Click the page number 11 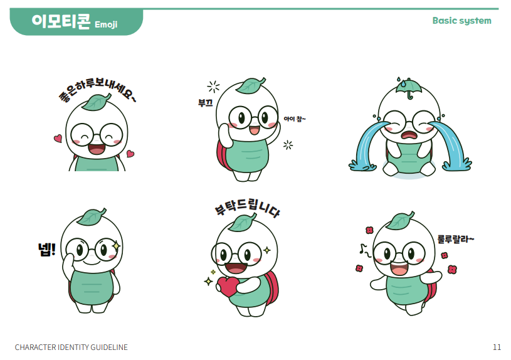497,347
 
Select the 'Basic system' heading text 462,21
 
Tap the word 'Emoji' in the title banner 106,24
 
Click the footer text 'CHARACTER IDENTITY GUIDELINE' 71,347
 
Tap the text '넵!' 47,250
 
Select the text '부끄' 205,103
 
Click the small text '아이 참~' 295,119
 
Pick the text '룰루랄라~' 456,240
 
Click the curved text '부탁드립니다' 247,208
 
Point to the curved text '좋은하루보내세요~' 97,90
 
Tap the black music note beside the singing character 365,250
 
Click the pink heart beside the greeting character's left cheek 58,138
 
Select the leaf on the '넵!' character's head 92,216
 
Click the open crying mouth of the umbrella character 409,135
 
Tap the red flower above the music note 369,230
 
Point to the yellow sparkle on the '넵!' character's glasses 116,245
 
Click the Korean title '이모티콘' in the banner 61,21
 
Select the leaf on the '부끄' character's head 250,85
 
